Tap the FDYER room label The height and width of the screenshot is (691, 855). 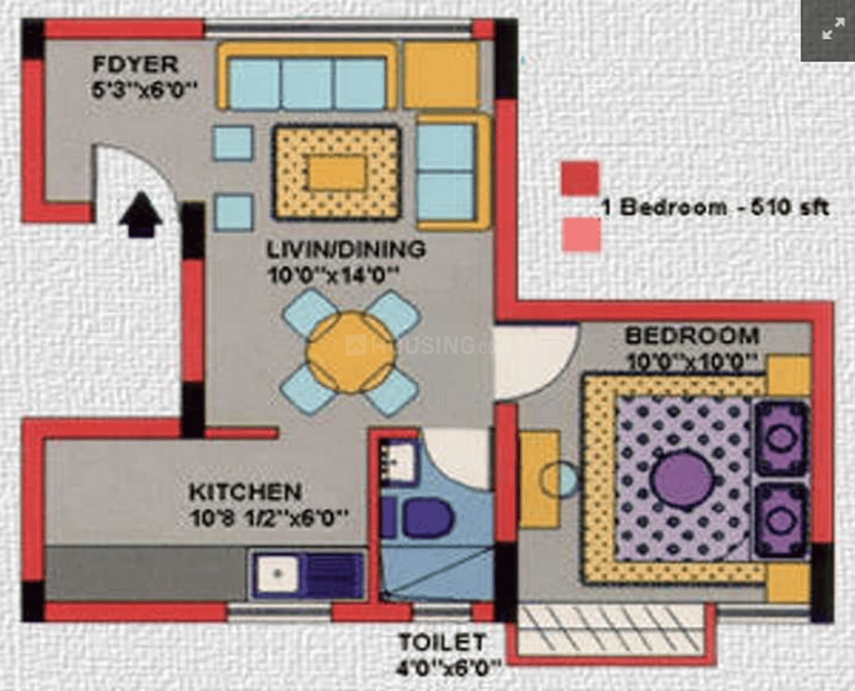(135, 64)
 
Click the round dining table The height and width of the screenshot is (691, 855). (350, 352)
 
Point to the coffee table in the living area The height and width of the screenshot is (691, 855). (337, 172)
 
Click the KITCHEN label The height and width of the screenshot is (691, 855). (245, 492)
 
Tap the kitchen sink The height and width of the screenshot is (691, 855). (277, 573)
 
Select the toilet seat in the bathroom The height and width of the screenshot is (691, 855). (427, 518)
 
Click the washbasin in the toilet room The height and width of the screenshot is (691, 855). (400, 461)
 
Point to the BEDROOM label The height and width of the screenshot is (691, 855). (691, 335)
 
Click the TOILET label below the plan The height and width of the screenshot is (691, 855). (442, 641)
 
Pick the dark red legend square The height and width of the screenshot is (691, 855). (579, 178)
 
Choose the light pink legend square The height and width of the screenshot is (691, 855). (581, 235)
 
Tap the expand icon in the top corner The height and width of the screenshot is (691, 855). (832, 31)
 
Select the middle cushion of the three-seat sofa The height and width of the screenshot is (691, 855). (307, 84)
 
